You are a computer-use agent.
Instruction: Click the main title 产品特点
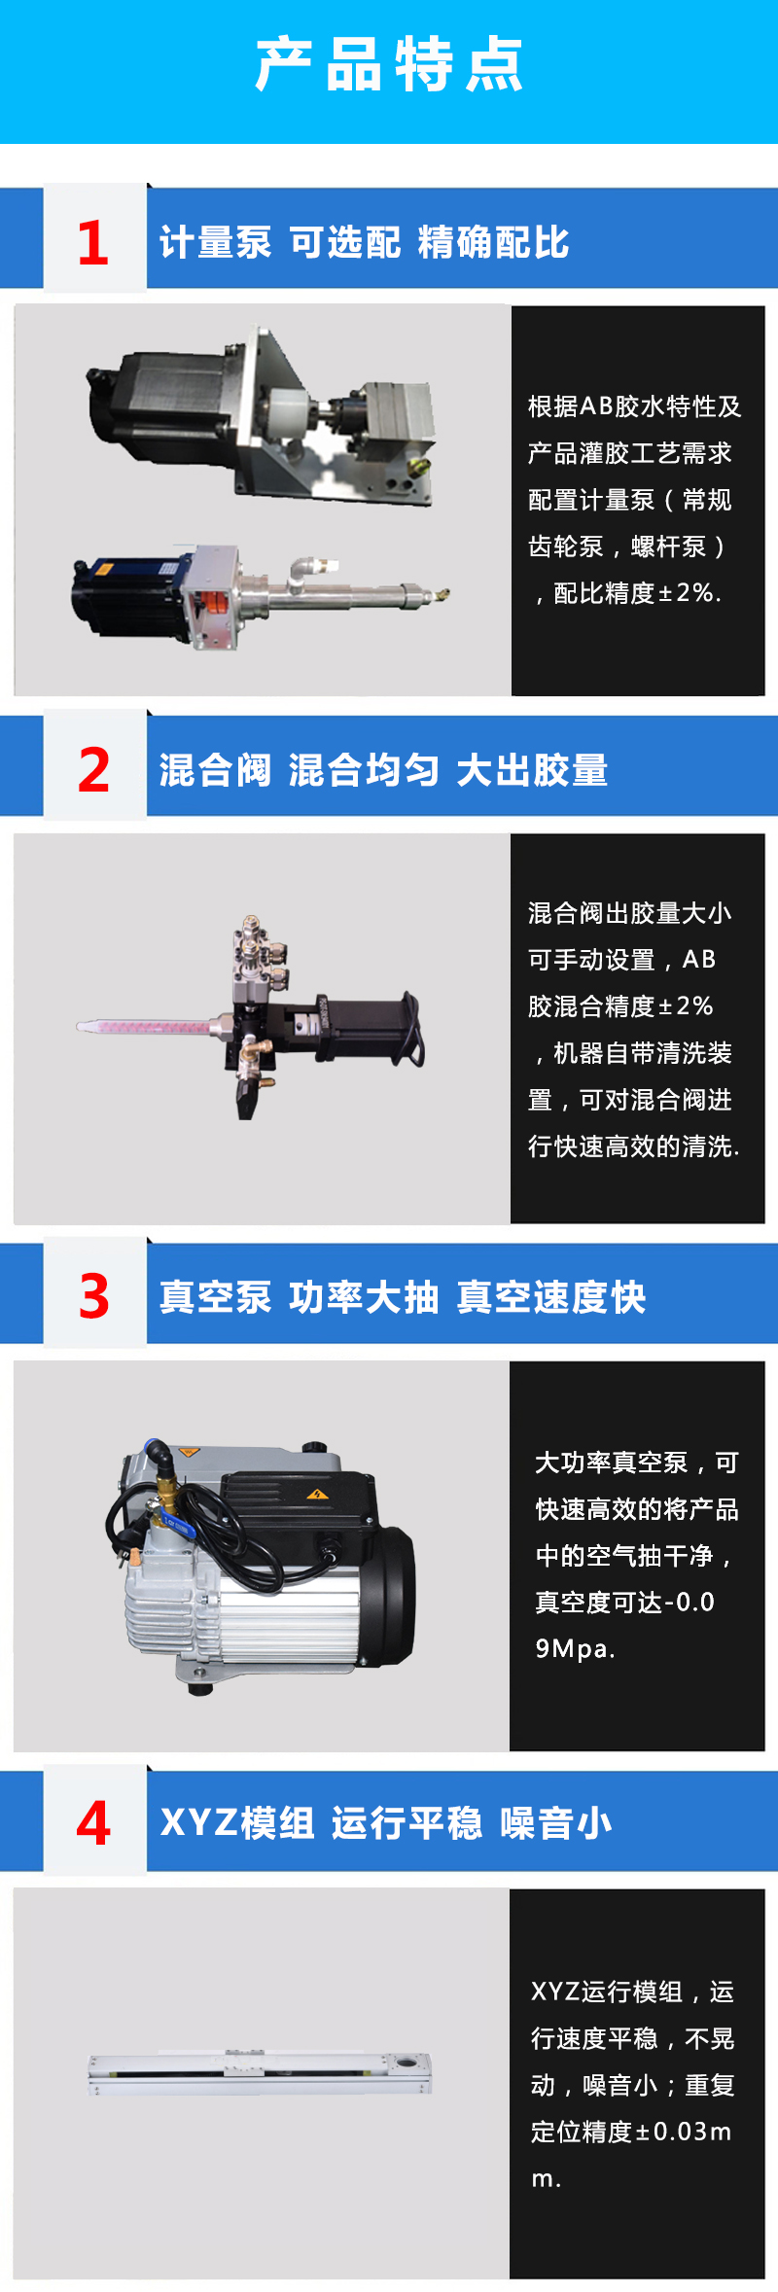coord(389,65)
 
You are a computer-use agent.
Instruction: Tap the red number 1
coord(93,242)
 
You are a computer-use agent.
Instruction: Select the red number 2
coord(94,770)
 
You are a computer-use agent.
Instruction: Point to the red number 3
coord(94,1296)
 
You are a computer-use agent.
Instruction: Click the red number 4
coord(93,1823)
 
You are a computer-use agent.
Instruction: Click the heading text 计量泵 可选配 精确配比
coord(365,243)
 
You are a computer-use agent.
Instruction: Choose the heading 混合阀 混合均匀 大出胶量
coord(384,770)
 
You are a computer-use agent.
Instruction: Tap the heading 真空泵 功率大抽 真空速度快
coord(403,1297)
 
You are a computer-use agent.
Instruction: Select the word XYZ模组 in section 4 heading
coord(237,1823)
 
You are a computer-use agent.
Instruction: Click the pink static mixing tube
coord(146,1026)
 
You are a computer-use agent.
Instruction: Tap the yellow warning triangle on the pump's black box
coord(316,1495)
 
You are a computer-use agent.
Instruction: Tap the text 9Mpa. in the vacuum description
coord(575,1649)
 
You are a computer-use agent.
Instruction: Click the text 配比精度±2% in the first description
coord(637,593)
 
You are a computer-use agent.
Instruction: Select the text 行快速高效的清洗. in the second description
coord(634,1146)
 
